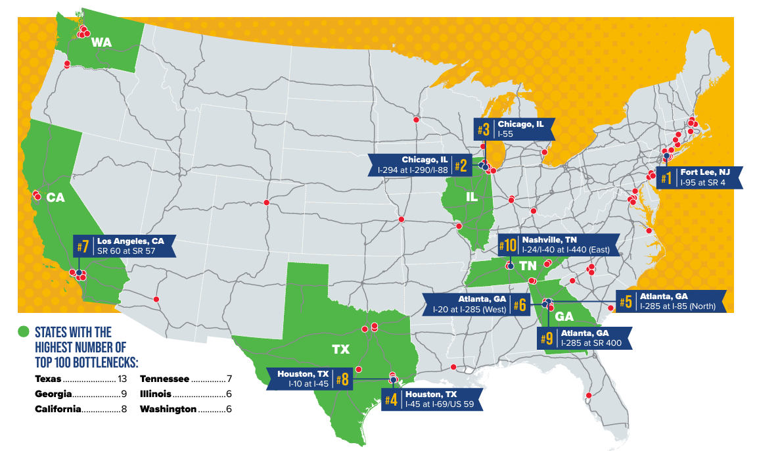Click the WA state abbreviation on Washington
[101, 43]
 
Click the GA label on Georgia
[564, 316]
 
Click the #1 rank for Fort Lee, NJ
[666, 178]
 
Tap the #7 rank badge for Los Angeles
[83, 247]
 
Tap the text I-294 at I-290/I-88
[413, 170]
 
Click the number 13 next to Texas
[123, 379]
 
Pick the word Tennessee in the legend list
[164, 379]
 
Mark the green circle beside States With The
[24, 331]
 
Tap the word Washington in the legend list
[168, 409]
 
